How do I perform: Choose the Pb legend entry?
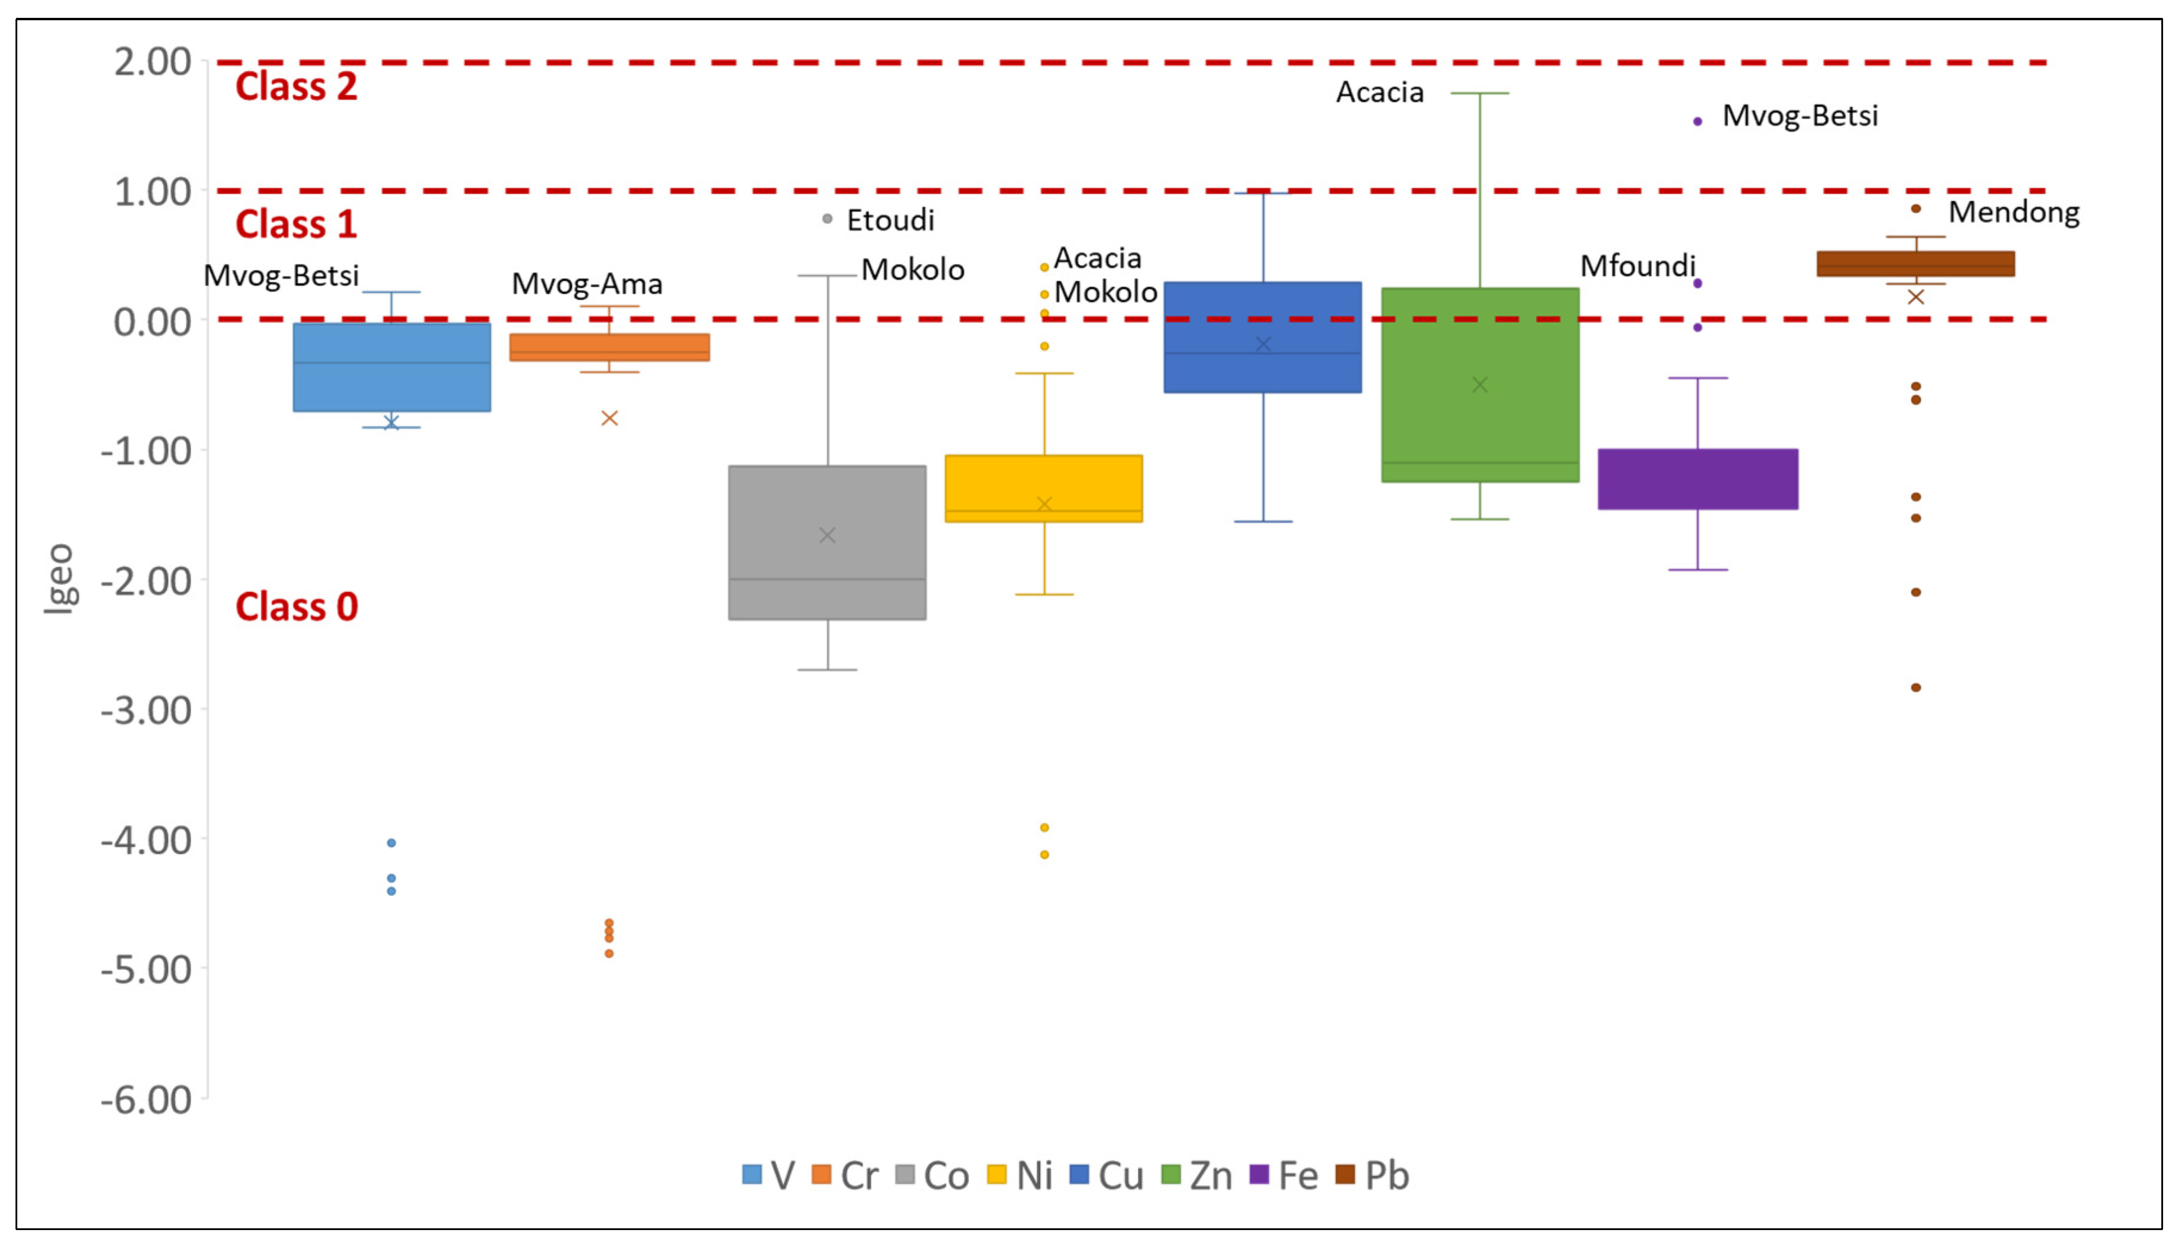(x=1373, y=1175)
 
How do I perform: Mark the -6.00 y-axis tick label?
(x=146, y=1100)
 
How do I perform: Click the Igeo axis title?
(x=60, y=578)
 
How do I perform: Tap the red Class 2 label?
(x=296, y=87)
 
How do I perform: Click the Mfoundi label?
(x=1637, y=266)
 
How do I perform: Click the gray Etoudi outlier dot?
(x=826, y=219)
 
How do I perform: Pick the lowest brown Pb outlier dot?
(x=1916, y=687)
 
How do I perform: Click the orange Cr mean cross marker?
(x=609, y=418)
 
